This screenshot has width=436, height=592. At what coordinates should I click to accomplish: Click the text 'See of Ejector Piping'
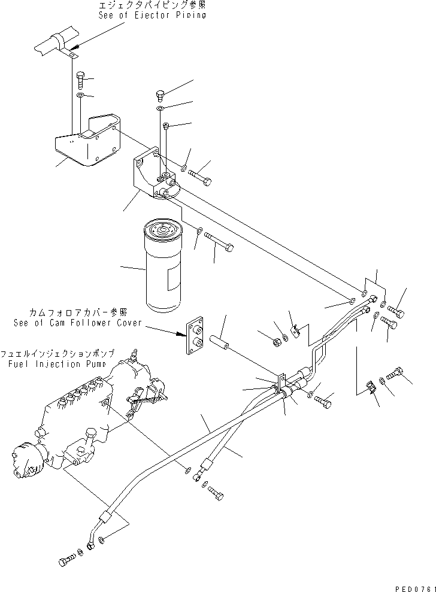coord(152,15)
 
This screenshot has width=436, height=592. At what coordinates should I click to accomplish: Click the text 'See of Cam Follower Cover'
coord(78,323)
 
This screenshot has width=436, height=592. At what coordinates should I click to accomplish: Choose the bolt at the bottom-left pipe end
coord(66,561)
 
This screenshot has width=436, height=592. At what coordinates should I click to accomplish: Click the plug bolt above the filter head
coord(159,95)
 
